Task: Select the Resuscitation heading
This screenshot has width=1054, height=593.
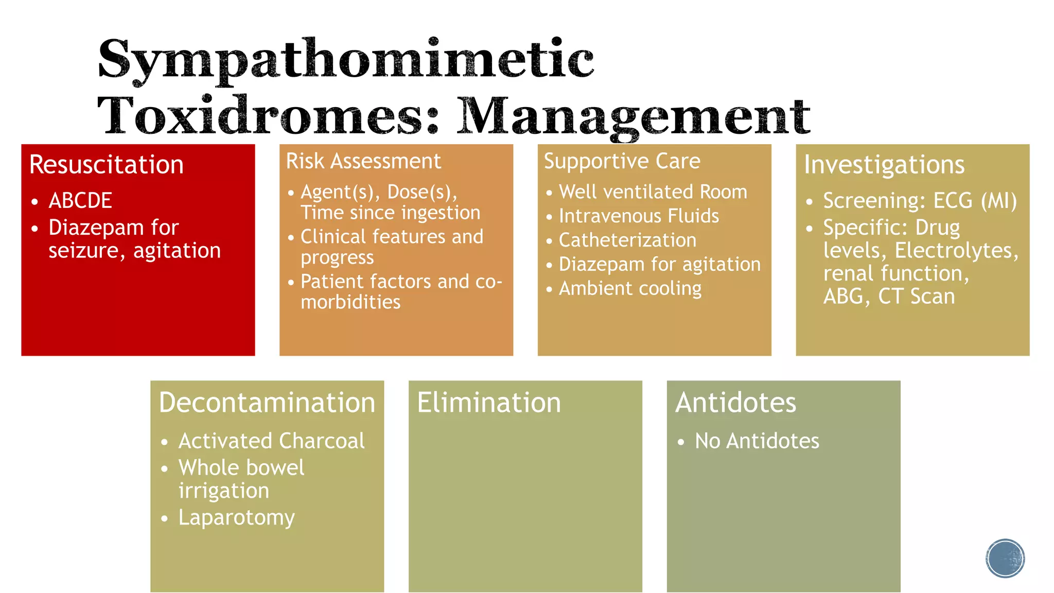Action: (107, 165)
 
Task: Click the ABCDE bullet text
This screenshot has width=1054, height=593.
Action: (80, 200)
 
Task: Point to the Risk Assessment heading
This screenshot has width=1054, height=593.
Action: (363, 161)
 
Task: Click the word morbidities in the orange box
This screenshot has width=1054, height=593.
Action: (350, 302)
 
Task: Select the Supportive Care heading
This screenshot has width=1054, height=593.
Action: (622, 161)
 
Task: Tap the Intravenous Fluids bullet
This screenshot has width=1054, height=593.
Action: (639, 216)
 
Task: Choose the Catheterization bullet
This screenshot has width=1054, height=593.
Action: (627, 240)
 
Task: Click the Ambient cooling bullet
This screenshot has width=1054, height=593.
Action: (630, 288)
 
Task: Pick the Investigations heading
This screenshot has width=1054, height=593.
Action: (884, 165)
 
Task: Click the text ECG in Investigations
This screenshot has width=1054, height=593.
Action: (953, 201)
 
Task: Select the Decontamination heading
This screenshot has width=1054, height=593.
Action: (267, 403)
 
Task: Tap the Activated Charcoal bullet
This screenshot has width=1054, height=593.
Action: (271, 441)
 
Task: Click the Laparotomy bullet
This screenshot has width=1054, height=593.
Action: (236, 517)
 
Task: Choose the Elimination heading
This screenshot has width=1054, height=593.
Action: (489, 403)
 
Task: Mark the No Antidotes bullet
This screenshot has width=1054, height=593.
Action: (757, 441)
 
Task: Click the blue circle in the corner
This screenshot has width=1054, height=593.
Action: (1005, 558)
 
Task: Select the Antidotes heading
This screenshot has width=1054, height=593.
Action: (735, 403)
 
